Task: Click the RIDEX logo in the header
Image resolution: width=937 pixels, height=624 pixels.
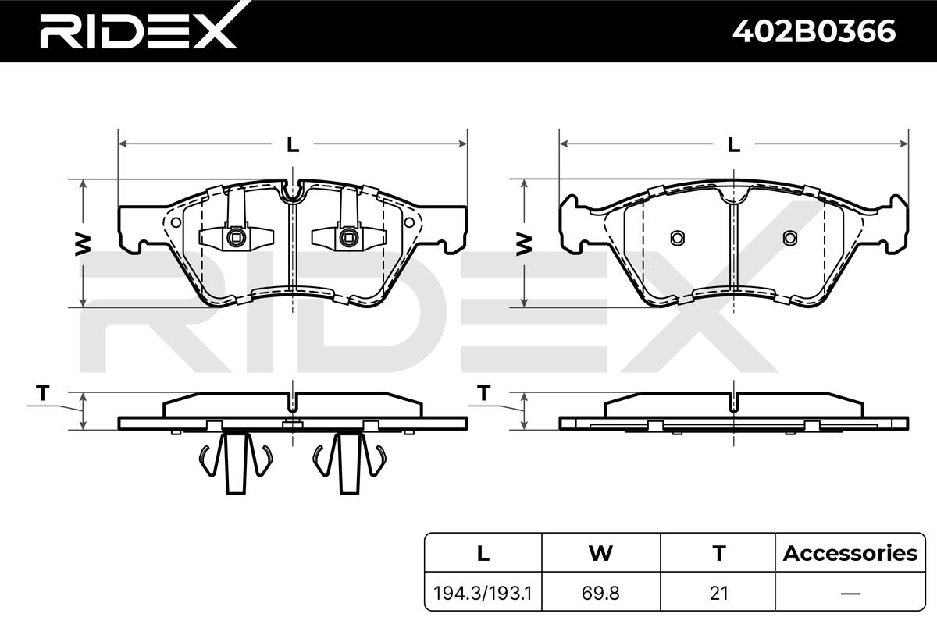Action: [x=137, y=32]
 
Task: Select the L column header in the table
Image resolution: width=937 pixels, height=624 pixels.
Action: [x=483, y=554]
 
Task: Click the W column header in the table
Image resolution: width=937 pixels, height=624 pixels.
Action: [x=600, y=554]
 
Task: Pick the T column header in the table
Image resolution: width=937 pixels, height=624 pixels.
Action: [x=718, y=554]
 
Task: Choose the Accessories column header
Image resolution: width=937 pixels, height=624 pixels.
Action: [x=850, y=554]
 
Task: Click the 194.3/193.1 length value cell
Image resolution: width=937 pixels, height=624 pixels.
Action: [x=483, y=593]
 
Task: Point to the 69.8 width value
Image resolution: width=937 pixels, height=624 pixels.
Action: [x=600, y=593]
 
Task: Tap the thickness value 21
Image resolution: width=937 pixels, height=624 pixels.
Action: [x=718, y=593]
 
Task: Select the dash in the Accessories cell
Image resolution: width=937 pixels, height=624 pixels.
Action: [x=850, y=593]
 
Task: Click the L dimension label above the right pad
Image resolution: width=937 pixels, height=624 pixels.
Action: [x=734, y=144]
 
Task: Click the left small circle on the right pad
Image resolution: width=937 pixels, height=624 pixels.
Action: [x=677, y=237]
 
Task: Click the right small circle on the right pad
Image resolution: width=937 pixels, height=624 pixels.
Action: [x=789, y=237]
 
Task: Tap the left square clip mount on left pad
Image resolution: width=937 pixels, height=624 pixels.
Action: [x=236, y=235]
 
